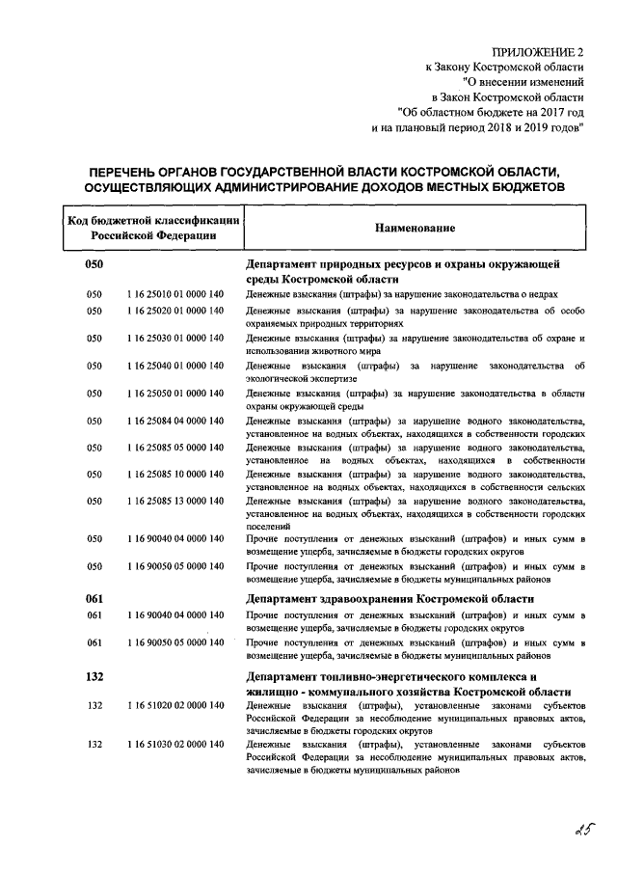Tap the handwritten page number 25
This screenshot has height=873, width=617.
[x=577, y=829]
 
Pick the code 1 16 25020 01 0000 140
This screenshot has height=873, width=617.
[x=174, y=311]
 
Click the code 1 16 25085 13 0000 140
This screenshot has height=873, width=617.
[x=174, y=502]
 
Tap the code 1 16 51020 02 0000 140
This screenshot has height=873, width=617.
[x=174, y=707]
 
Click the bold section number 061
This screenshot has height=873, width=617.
[x=95, y=598]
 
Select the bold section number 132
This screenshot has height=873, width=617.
[x=95, y=678]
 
